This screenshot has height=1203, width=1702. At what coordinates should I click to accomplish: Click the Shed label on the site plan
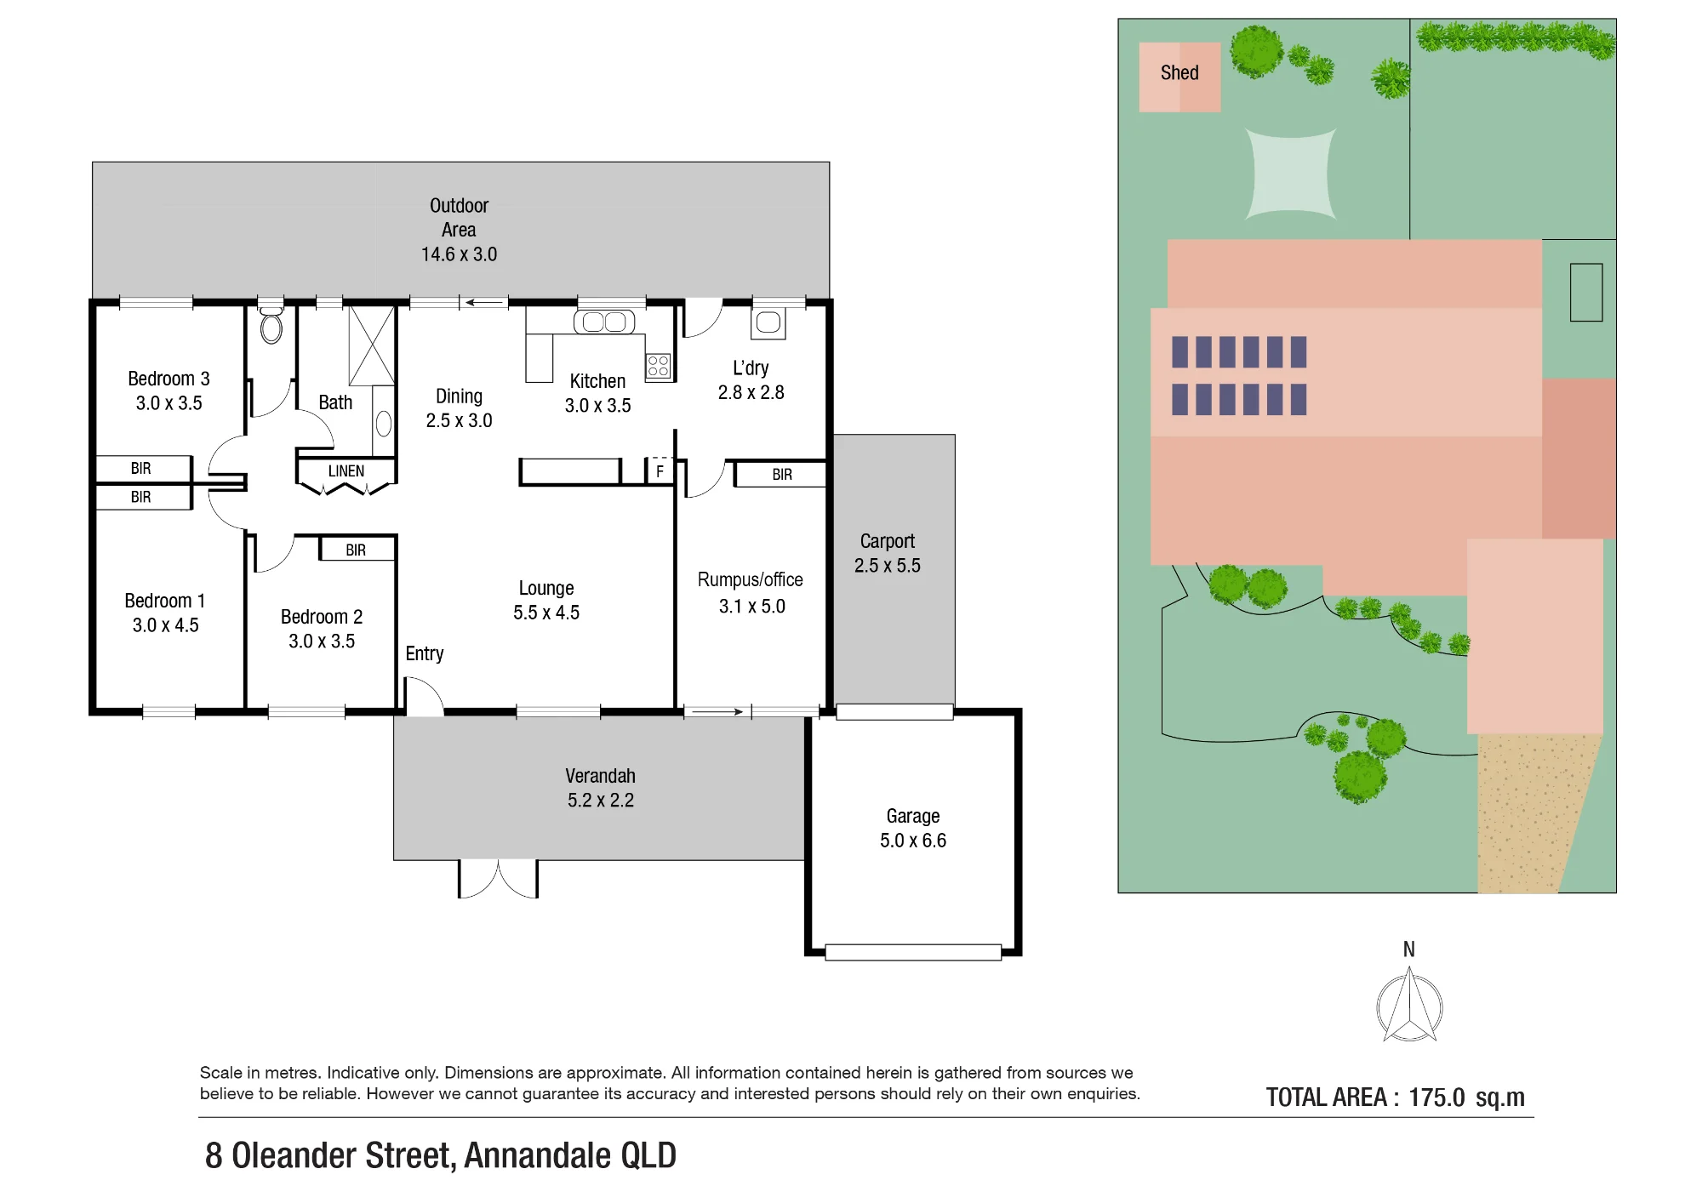coord(1179,73)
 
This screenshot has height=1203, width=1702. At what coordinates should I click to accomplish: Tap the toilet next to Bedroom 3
coord(271,325)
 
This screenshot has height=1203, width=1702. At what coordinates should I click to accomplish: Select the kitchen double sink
coord(604,322)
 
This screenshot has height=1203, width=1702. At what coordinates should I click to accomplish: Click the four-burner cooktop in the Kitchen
coord(659,366)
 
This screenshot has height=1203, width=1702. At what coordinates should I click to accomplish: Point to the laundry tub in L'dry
coord(768,322)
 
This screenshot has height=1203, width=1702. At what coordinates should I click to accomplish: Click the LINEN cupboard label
coord(346,471)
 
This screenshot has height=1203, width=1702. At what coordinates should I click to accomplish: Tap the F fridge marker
coord(660,471)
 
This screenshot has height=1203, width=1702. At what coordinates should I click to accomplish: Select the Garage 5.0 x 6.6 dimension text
coord(913,841)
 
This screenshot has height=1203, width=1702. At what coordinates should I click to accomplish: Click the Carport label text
coord(888,541)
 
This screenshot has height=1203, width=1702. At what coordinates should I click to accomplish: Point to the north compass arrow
coord(1409,1007)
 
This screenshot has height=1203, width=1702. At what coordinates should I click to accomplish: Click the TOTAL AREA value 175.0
coord(1436,1098)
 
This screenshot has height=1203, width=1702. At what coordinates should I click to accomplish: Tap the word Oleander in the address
coord(343,1155)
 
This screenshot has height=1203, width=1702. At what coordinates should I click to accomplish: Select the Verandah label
coord(601,776)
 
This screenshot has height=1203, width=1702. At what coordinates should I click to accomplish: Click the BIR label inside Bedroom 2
coord(356,550)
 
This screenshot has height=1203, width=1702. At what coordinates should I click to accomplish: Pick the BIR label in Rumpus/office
coord(782,475)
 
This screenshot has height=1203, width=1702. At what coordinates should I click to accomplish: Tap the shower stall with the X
coord(372,346)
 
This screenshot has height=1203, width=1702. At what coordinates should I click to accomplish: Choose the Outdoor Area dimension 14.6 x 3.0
coord(460,254)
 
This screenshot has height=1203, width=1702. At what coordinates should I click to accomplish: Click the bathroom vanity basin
coord(384,423)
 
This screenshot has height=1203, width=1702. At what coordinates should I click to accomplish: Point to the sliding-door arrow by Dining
coord(483,302)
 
